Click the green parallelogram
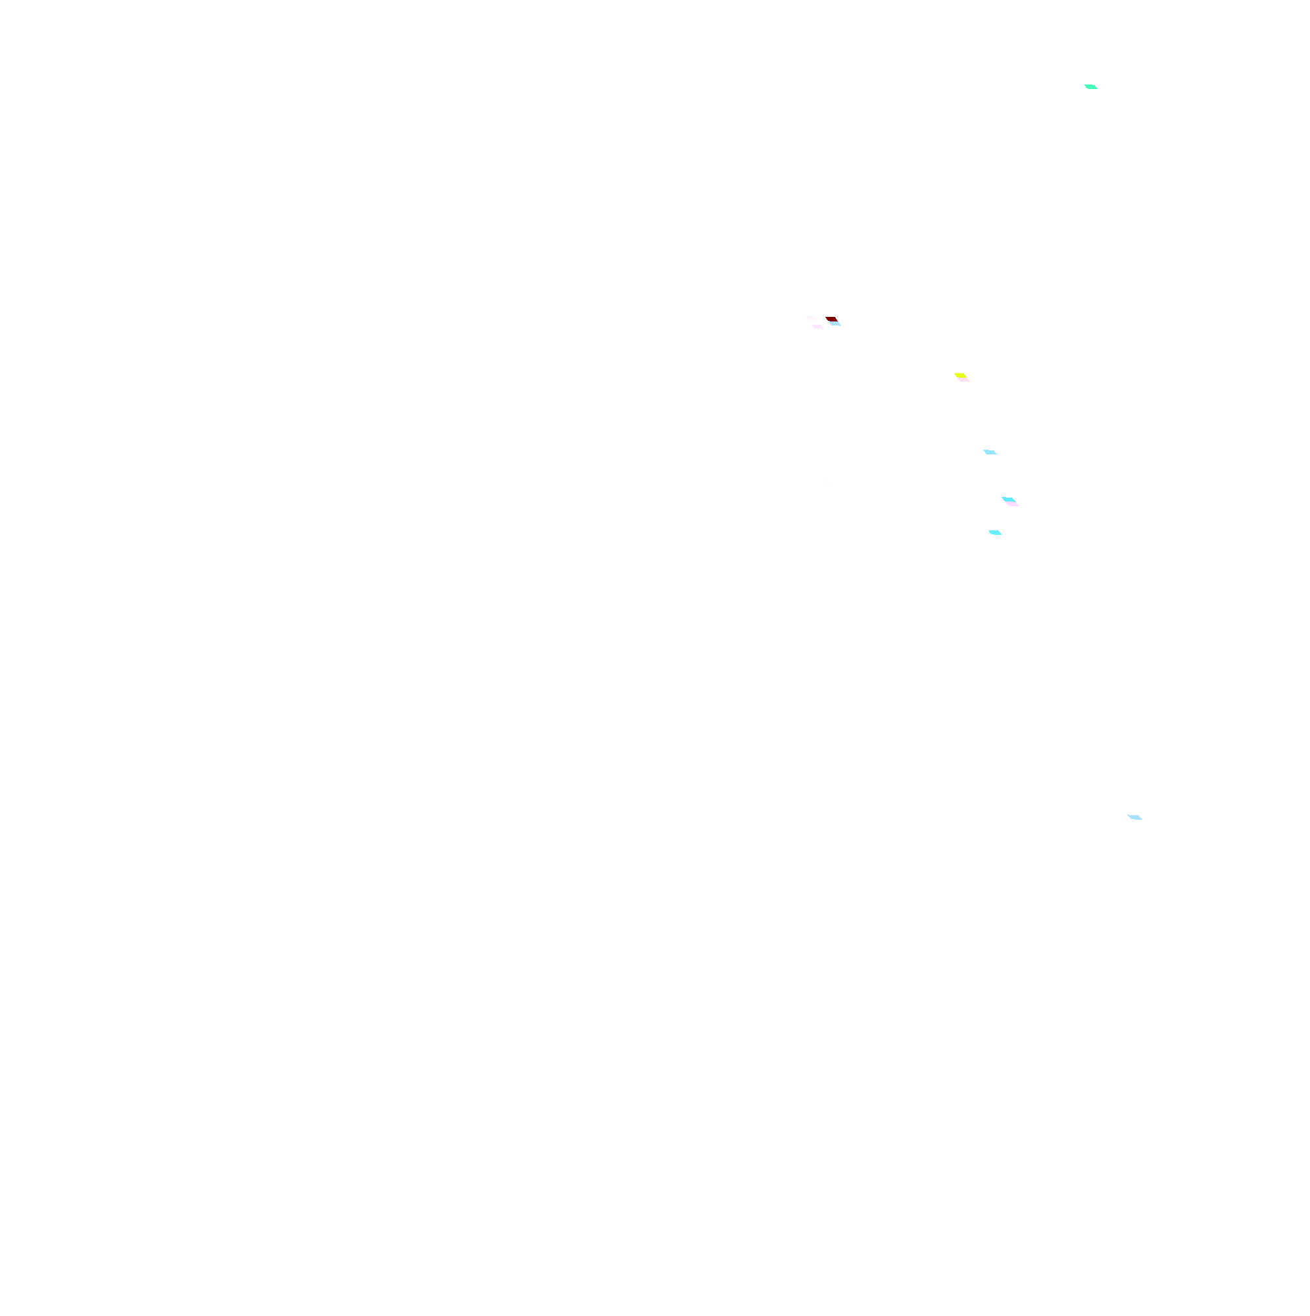coord(1091,86)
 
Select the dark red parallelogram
coord(832,319)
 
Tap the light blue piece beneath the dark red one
coord(835,323)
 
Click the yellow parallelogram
coord(960,375)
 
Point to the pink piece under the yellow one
coord(964,380)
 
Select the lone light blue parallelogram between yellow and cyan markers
coord(990,452)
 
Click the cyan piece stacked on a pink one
coord(1008,500)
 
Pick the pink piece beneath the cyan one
coord(1013,504)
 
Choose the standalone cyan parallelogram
coord(995,533)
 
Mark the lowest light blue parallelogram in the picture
coord(1135,817)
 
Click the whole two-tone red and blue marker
coord(834,321)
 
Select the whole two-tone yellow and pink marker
coord(962,377)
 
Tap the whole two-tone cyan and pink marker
coord(1010,502)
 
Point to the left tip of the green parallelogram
coord(1085,85)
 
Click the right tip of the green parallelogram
coord(1097,88)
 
